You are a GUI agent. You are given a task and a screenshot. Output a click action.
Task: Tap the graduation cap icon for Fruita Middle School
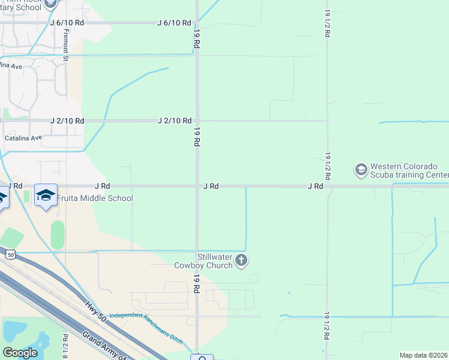pos(46,196)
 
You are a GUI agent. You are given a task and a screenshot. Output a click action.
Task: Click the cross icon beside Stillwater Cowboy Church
pos(241,260)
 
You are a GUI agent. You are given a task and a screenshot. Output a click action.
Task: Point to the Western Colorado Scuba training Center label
pos(409,170)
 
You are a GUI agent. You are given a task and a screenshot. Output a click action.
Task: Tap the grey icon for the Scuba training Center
pos(361,170)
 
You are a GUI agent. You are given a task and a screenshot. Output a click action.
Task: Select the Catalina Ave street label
pos(23,137)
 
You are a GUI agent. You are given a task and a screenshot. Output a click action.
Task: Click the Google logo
pos(20,353)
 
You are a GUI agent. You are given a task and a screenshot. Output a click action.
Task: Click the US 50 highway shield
pos(10,254)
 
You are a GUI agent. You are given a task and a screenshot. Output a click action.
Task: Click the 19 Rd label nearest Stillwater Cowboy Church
pos(196,283)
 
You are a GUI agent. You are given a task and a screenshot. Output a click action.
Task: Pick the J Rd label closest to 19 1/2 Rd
pos(316,187)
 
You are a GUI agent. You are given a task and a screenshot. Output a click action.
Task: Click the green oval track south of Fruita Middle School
pos(58,235)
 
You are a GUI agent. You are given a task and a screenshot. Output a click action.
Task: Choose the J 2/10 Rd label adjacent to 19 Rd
pos(174,121)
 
